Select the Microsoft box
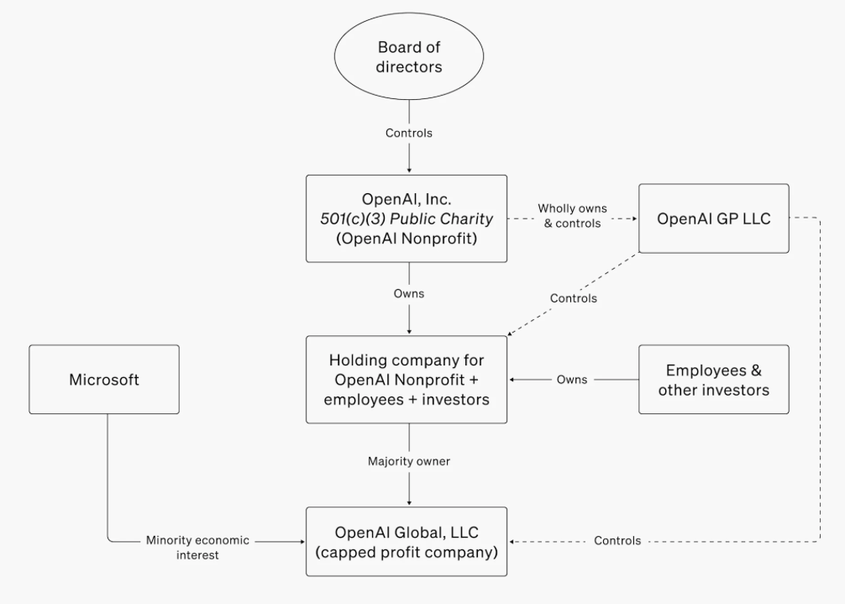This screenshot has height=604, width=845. tap(104, 380)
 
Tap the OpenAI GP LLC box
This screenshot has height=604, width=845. tap(713, 218)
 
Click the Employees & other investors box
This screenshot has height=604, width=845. tap(713, 380)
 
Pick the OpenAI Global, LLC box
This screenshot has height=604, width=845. tap(407, 542)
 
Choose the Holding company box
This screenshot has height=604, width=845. tap(407, 380)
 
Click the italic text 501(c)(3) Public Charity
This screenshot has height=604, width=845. tap(407, 218)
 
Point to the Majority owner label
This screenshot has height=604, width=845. tap(408, 461)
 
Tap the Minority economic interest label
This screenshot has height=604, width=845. tap(197, 548)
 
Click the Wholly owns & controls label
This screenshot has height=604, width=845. tap(572, 216)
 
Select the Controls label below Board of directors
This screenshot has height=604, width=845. tap(408, 133)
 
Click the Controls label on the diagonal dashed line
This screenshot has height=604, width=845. tap(574, 298)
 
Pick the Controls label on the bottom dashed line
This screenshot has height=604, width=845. tap(617, 540)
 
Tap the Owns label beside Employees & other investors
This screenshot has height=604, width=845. tap(572, 380)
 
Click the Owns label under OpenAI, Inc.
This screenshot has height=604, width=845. tap(408, 294)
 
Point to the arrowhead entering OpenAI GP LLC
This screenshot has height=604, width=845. tap(635, 218)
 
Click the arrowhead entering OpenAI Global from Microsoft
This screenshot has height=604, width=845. tap(303, 542)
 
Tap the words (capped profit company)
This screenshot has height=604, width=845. tap(407, 552)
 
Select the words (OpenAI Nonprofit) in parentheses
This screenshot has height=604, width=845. tap(407, 238)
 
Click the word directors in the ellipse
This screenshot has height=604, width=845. tap(409, 67)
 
